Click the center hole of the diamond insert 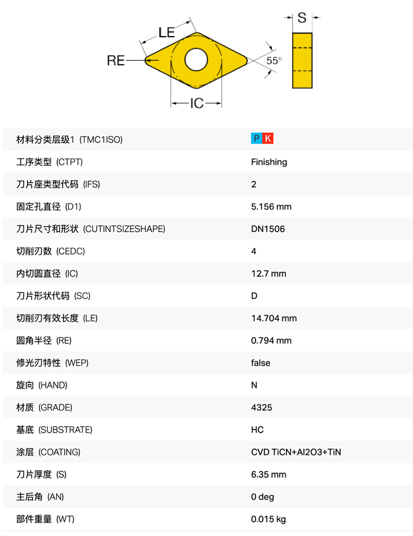(196, 60)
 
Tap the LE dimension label (167, 32)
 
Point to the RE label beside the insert (116, 61)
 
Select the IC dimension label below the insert (197, 104)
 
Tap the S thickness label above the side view (302, 18)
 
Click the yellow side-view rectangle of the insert (302, 60)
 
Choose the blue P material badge (256, 139)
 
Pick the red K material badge (268, 139)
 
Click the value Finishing (269, 162)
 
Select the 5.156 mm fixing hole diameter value (271, 207)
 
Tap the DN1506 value (268, 229)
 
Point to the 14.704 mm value (273, 318)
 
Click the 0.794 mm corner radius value (271, 340)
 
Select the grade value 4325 (261, 407)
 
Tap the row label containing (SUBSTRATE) (54, 430)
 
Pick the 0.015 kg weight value (268, 519)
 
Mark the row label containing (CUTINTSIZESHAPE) (90, 229)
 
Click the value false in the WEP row (260, 363)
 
